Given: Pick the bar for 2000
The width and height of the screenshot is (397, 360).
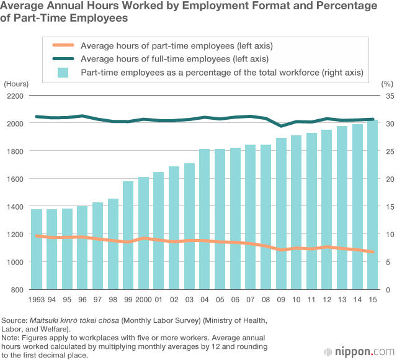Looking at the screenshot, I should pyautogui.click(x=143, y=233).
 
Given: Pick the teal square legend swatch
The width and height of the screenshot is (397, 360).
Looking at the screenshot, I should pyautogui.click(x=63, y=73).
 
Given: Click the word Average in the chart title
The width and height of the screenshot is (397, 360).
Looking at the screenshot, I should pyautogui.click(x=22, y=6).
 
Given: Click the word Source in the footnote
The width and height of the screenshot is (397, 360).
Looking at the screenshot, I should pyautogui.click(x=14, y=320).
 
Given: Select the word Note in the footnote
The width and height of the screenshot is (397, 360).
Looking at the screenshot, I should pyautogui.click(x=11, y=337).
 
